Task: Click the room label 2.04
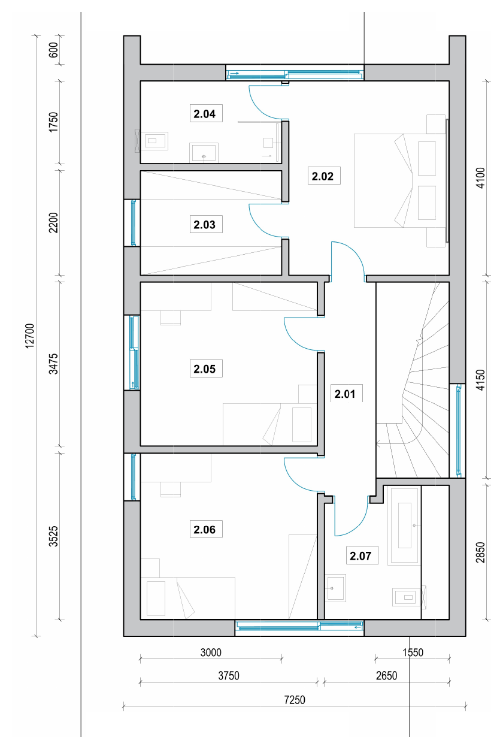(205, 114)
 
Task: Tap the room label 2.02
(323, 176)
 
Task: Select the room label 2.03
(205, 225)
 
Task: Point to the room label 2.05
(205, 369)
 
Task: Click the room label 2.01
(344, 394)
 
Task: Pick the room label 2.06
(205, 530)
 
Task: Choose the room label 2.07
(360, 556)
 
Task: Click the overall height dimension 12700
(30, 336)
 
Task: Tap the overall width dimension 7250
(295, 700)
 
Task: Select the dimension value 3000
(211, 653)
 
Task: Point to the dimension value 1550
(413, 653)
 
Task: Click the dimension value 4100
(480, 178)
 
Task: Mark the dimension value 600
(53, 50)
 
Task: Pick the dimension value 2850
(480, 552)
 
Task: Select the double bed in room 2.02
(400, 180)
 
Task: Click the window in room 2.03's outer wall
(133, 223)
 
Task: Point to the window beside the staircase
(459, 430)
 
